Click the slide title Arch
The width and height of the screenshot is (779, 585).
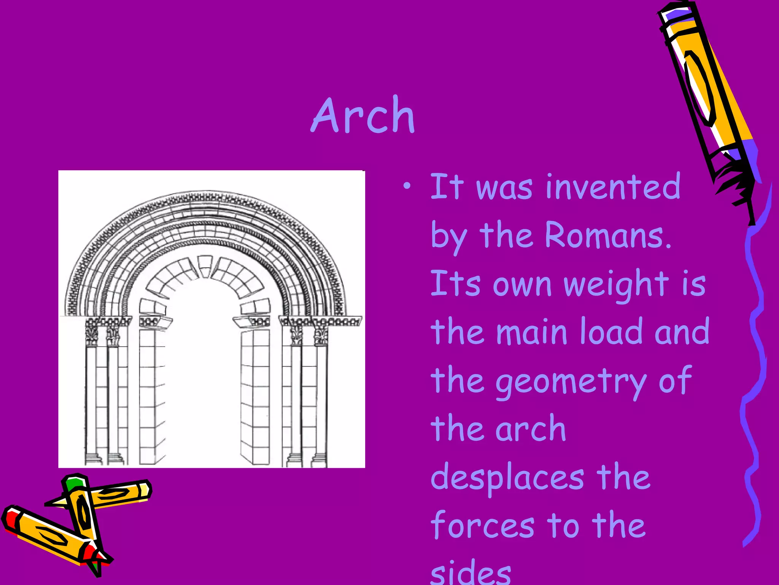363,115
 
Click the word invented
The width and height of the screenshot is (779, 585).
613,187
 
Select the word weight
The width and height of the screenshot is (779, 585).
616,285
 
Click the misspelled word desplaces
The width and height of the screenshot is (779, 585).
507,478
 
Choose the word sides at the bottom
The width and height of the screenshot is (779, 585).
471,573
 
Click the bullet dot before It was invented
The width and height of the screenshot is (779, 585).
407,186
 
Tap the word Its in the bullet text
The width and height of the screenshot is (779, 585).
455,284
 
